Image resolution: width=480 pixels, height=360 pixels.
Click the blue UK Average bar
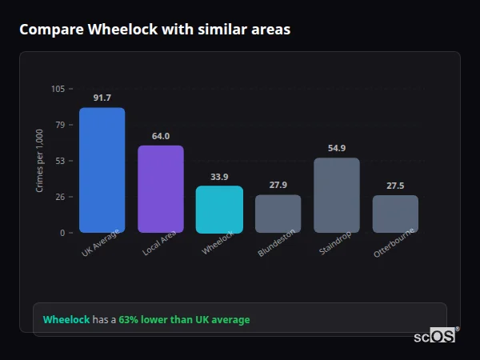[102, 170]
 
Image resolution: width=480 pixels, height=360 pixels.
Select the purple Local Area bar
[161, 189]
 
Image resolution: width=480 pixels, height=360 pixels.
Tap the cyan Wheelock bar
[219, 210]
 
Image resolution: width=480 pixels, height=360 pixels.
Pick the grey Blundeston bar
[278, 214]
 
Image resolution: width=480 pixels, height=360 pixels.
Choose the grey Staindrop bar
[337, 195]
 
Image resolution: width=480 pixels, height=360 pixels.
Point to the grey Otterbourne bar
[395, 214]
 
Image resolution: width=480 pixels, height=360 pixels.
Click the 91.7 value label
[102, 98]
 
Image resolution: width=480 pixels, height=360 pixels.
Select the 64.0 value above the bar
[161, 136]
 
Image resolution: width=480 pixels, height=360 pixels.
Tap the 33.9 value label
[219, 177]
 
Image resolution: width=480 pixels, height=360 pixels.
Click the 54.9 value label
[337, 148]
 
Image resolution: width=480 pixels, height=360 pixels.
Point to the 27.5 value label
[395, 186]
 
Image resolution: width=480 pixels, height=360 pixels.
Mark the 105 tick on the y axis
[58, 89]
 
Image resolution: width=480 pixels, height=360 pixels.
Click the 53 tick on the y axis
[60, 161]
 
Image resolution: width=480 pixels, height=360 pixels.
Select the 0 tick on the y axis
[62, 233]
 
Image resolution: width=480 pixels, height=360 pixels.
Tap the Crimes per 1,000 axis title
[40, 161]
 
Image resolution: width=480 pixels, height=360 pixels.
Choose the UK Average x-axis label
[101, 245]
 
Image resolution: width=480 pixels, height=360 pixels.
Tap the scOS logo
[434, 337]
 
